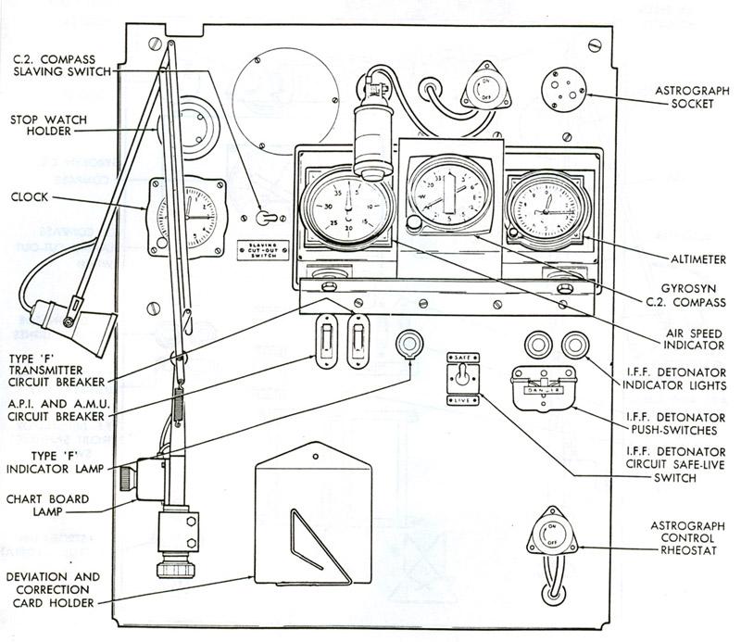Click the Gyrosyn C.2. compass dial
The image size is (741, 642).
tap(446, 196)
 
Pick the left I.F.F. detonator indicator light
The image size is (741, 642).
tap(537, 346)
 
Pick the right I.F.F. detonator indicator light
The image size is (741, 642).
tap(573, 346)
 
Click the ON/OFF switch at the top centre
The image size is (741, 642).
tap(482, 91)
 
